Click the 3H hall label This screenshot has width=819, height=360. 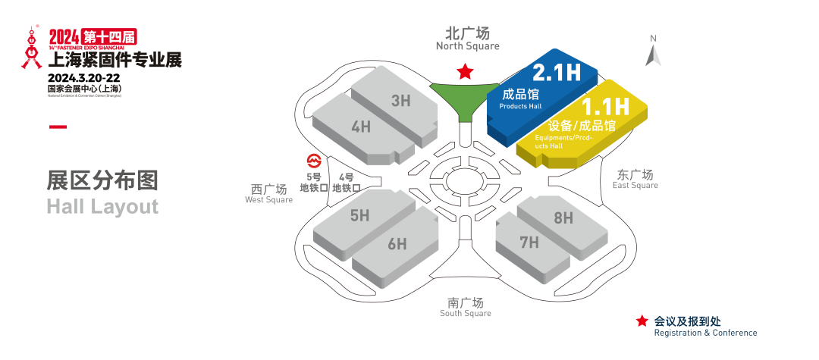pos(400,100)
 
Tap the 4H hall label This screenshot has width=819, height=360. pos(361,127)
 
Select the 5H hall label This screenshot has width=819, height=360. pos(359,215)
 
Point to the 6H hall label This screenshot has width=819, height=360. pos(397,244)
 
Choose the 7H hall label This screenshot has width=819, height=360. pos(529,243)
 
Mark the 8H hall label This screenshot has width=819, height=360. pos(563,218)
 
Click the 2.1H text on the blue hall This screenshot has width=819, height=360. pos(557,73)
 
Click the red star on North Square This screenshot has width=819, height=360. pos(464,72)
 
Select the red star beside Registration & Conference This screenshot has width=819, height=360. pos(642,321)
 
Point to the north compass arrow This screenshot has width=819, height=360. pos(653,54)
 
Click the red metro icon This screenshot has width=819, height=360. pos(312,161)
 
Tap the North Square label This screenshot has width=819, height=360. pos(467,39)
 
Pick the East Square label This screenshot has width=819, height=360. pos(635,180)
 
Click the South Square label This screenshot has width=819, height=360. pos(466,307)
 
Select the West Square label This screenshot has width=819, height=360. pos(268,194)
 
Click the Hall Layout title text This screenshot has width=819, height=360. pos(102,206)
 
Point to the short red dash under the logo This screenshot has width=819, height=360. pos(58,126)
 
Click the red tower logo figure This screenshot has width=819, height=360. pos(31,49)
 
